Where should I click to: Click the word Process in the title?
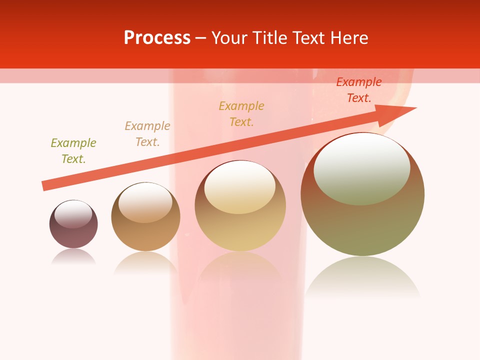[157, 38]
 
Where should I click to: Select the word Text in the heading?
[309, 38]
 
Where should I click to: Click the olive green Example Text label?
[73, 151]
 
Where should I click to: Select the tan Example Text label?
[147, 134]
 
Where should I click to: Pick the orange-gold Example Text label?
[241, 114]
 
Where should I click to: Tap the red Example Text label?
[359, 90]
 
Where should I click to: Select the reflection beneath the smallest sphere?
[73, 257]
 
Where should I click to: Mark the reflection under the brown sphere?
[145, 262]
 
